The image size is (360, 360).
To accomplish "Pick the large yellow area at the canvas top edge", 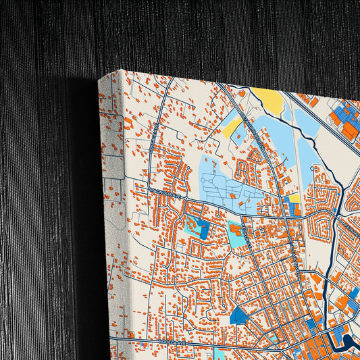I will coord(268,101).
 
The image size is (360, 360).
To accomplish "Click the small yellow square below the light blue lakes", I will coord(294,199).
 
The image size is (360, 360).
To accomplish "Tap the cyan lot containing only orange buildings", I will coord(236,236).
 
